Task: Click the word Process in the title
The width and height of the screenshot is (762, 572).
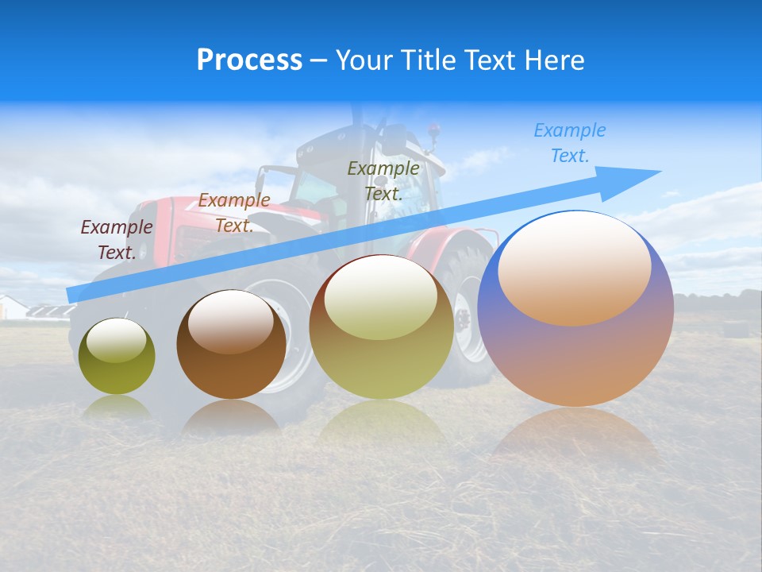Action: pyautogui.click(x=249, y=60)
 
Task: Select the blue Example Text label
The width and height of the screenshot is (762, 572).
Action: pyautogui.click(x=569, y=143)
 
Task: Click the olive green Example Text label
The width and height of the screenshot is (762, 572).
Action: pyautogui.click(x=383, y=181)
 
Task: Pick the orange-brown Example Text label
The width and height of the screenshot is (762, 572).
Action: pyautogui.click(x=234, y=213)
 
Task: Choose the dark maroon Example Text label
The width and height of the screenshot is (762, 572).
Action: pyautogui.click(x=117, y=240)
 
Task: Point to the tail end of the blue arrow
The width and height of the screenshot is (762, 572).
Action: pyautogui.click(x=73, y=295)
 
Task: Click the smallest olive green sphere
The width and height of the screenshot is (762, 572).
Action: pyautogui.click(x=117, y=357)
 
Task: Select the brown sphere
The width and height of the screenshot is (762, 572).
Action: pyautogui.click(x=231, y=345)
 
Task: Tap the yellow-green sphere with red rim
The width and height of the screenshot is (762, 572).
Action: pyautogui.click(x=381, y=327)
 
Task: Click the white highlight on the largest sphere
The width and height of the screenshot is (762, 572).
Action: pyautogui.click(x=574, y=266)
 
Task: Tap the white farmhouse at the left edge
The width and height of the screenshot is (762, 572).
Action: pyautogui.click(x=11, y=307)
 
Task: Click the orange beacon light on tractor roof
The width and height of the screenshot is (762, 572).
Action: pyautogui.click(x=433, y=128)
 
